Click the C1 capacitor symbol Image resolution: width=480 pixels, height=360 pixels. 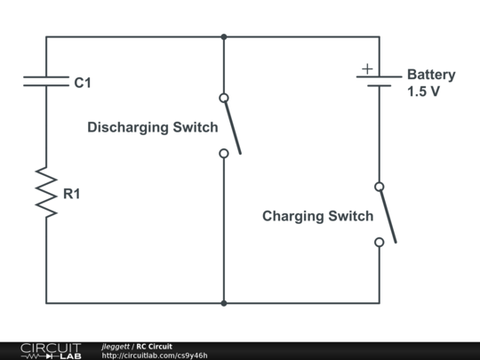click(46, 82)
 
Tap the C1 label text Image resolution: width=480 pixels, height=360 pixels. click(82, 83)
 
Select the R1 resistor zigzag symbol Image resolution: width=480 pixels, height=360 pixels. click(46, 190)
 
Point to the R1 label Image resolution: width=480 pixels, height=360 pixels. click(71, 192)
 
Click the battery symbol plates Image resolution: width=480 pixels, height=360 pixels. click(380, 83)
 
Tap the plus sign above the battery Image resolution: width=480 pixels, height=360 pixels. click(366, 68)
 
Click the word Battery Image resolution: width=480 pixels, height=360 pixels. click(431, 75)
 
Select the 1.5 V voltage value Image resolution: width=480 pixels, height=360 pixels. click(423, 92)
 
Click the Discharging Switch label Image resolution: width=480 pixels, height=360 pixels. click(152, 127)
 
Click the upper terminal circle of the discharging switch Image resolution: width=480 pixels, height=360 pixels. click(224, 98)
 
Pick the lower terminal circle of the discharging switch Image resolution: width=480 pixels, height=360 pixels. click(224, 153)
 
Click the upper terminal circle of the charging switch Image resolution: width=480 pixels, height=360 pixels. click(380, 187)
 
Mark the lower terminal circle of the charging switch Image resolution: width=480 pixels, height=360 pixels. click(380, 242)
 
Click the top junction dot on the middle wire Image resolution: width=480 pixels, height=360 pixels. click(224, 37)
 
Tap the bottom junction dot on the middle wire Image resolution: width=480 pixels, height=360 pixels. click(224, 303)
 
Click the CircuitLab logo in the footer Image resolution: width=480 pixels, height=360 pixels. click(51, 350)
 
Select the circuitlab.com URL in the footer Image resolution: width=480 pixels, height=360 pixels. click(155, 356)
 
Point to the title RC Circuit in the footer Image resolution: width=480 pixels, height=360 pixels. click(154, 346)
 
